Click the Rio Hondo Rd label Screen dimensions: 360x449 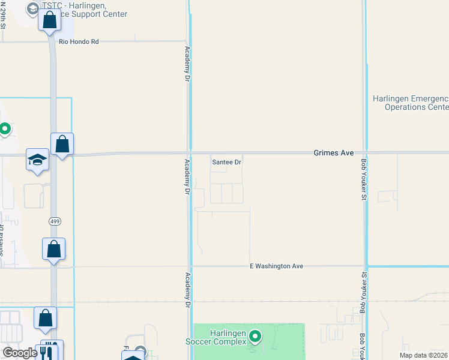click(79, 42)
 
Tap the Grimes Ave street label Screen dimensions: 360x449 click(333, 153)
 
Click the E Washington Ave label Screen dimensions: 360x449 click(277, 266)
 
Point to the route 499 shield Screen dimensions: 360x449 click(55, 221)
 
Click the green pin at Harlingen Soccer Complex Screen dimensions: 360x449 click(255, 337)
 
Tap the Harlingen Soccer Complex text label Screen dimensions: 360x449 click(228, 337)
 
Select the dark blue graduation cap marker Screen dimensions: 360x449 click(37, 160)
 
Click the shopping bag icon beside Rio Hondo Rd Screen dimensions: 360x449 click(49, 20)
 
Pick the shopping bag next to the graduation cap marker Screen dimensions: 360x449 click(62, 144)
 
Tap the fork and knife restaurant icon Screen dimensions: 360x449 click(49, 350)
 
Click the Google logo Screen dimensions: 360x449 click(20, 353)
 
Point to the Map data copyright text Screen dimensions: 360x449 click(424, 355)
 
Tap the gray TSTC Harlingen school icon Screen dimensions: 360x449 click(32, 8)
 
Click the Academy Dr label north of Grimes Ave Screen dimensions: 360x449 click(187, 64)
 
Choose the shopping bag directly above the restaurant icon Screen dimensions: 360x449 click(46, 319)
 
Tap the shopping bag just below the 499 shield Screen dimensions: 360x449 click(54, 249)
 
